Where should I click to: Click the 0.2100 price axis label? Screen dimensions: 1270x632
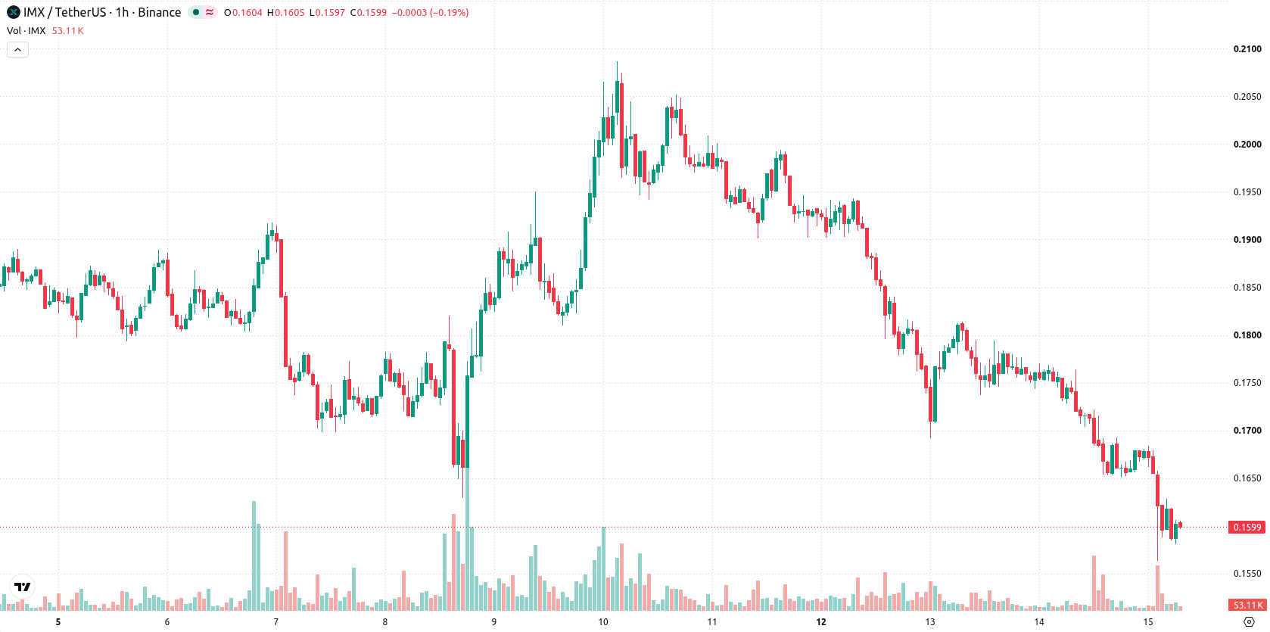pos(1247,48)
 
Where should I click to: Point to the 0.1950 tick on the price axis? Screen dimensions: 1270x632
pos(1247,192)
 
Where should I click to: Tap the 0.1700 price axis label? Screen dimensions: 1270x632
pos(1247,431)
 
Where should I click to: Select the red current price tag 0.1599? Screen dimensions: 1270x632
pos(1247,527)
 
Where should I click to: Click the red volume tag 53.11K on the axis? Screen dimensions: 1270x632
pos(1247,606)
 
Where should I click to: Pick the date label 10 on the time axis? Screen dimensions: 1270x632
pos(602,622)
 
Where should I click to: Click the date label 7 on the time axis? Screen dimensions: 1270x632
pos(276,622)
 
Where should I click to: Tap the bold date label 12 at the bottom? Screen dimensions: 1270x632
pos(821,622)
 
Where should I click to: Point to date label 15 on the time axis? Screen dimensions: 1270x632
pos(1148,622)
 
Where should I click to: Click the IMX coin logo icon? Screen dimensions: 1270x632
pos(13,12)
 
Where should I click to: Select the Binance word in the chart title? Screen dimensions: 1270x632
pos(159,12)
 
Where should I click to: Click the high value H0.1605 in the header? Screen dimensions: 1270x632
pos(286,12)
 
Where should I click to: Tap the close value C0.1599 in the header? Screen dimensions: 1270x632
pos(368,12)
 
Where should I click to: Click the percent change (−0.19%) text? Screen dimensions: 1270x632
pos(450,12)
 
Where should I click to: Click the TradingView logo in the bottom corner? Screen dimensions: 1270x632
pos(23,587)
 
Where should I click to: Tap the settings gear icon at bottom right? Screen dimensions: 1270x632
pos(1249,622)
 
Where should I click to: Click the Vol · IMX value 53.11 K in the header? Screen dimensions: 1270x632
pos(67,30)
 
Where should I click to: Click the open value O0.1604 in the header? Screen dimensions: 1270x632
pos(243,12)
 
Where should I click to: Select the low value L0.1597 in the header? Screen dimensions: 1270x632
pos(327,12)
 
